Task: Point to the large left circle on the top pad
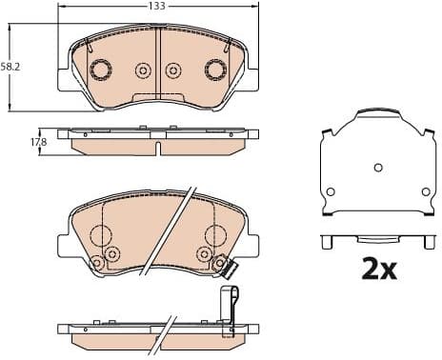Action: coord(101,70)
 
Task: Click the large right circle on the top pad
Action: coord(216,70)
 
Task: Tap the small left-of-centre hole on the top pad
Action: coord(144,70)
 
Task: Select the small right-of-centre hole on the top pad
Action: coord(173,70)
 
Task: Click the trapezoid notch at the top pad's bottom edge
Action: coord(158,97)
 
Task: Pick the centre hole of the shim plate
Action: coord(377,167)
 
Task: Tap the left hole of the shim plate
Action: coord(331,191)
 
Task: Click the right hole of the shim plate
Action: coord(424,191)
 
